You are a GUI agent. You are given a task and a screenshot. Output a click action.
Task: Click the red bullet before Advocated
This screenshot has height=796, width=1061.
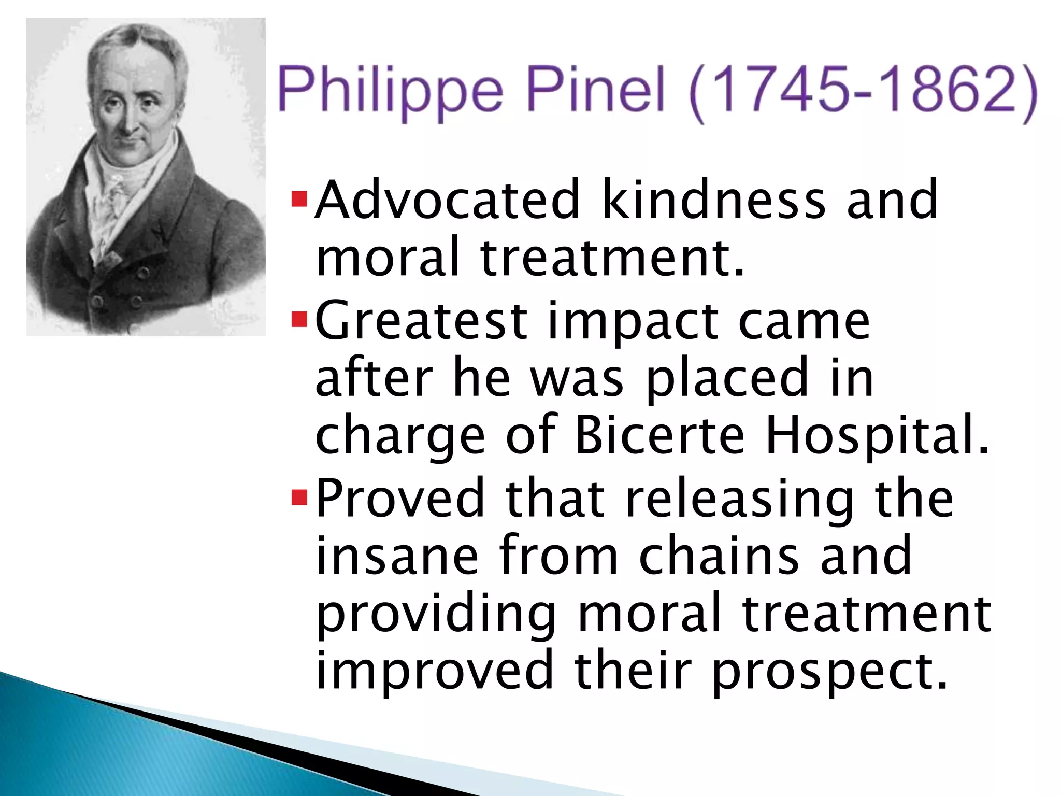pos(299,200)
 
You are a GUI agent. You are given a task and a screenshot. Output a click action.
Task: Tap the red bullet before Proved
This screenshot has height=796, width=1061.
pos(299,497)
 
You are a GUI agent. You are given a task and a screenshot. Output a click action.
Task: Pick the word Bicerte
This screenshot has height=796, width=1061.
pos(659,435)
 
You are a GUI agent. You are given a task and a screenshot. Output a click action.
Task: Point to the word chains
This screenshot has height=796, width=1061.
pos(719,556)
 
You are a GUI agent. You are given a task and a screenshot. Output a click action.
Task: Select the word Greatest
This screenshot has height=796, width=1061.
pos(421,321)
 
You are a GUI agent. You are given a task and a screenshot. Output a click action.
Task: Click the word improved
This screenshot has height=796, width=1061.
pos(435,672)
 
